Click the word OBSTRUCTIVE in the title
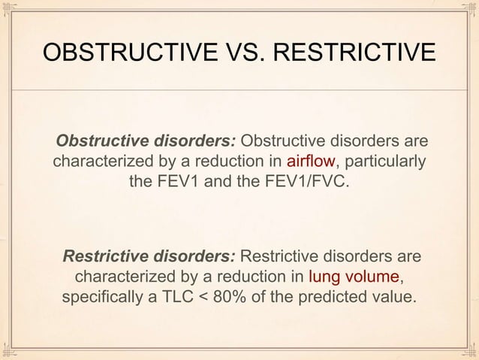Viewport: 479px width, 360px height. pos(111,52)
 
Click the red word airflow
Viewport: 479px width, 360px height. pos(311,161)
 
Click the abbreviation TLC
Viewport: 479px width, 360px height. pos(174,295)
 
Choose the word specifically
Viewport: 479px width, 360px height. pos(101,295)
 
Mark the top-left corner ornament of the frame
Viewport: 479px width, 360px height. pos(10,10)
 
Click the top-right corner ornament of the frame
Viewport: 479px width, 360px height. pos(469,10)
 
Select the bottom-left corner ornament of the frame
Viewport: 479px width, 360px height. pos(10,350)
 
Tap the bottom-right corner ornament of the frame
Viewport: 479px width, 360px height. pos(469,350)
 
